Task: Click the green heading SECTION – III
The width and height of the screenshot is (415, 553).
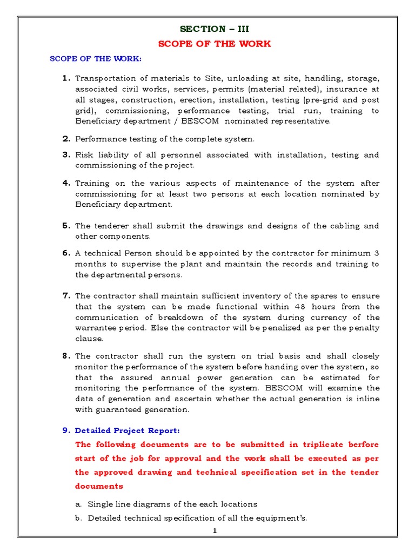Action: [215, 29]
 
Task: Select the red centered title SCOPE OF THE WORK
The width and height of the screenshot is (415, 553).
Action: [215, 44]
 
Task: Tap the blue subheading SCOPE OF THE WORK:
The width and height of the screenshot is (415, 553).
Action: [96, 59]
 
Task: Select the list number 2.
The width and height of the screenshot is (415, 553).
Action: [66, 139]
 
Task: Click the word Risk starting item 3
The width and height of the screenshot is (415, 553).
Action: [85, 155]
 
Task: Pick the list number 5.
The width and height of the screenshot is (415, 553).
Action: [66, 226]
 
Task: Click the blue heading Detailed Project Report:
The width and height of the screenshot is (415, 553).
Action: [127, 430]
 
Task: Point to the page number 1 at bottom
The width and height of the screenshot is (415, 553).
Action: [215, 531]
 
